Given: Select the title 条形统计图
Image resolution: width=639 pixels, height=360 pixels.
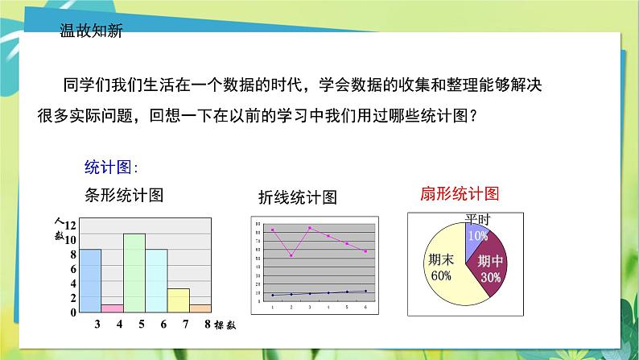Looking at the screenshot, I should coord(124,194).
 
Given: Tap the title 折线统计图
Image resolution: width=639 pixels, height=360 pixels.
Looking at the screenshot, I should coord(297,197).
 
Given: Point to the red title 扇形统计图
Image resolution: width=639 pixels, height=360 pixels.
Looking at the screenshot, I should coord(460,194).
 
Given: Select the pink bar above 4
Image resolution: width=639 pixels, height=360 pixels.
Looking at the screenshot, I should coord(112,308).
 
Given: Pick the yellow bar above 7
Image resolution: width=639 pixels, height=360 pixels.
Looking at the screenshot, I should coord(178,300).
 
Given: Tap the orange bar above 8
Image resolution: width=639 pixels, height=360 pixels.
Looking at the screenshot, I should coord(200,308).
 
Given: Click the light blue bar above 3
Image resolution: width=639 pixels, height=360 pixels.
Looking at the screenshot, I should coord(90,279).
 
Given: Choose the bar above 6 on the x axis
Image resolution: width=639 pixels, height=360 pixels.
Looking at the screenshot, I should coord(156,279).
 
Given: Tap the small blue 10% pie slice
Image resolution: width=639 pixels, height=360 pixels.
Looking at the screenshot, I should coord(476,235).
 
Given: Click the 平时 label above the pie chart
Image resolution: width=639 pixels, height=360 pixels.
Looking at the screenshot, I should coord(478,218).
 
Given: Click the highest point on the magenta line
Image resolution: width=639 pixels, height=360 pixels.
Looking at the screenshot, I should coord(310,228).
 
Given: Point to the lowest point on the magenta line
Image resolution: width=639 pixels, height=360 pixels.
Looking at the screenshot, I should coord(291,255).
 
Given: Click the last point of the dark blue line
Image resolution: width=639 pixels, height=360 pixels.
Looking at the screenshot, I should coord(365,291).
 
